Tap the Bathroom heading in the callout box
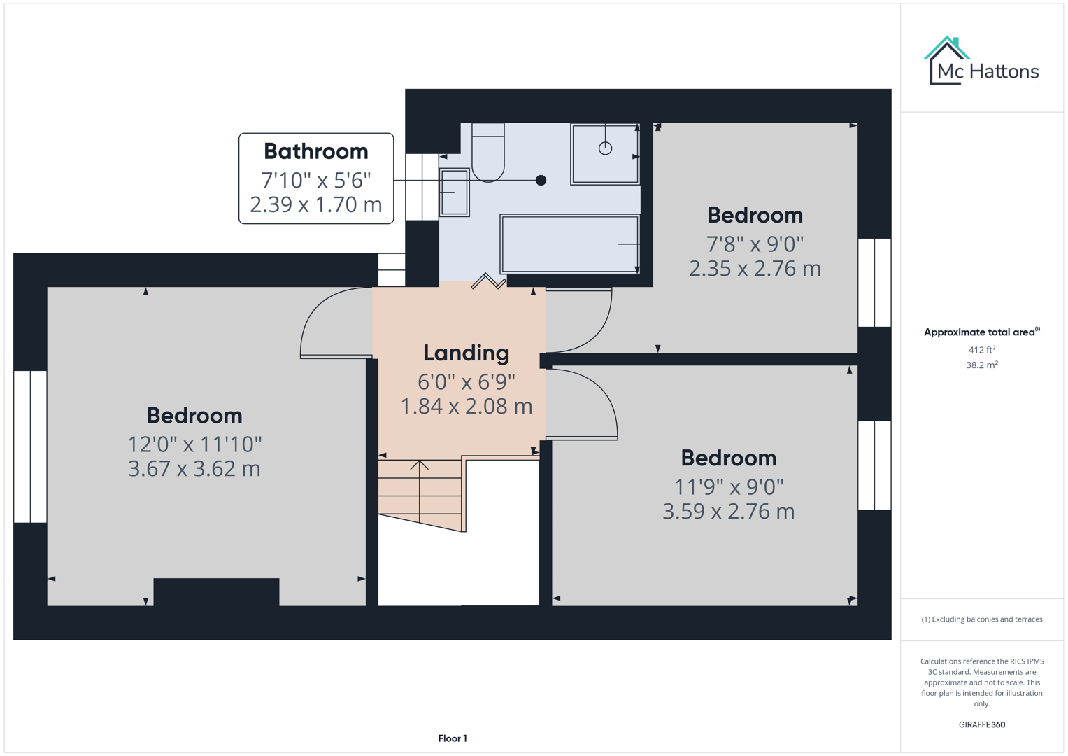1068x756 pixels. click(x=316, y=151)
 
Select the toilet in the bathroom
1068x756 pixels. click(x=488, y=153)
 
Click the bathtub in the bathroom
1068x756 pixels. click(x=570, y=244)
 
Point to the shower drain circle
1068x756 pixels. click(x=605, y=148)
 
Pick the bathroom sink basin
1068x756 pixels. click(x=454, y=192)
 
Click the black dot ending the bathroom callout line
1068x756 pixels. click(x=541, y=181)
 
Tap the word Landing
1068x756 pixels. click(x=466, y=353)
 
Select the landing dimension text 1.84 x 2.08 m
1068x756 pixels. click(x=466, y=407)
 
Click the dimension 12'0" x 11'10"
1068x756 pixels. click(x=194, y=444)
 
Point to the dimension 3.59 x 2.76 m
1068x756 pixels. click(x=728, y=512)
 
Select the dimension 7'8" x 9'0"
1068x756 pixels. click(x=755, y=244)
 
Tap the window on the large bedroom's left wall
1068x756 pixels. click(x=30, y=447)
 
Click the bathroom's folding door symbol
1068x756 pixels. click(x=488, y=282)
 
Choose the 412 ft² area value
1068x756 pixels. click(x=981, y=350)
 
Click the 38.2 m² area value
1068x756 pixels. click(x=981, y=365)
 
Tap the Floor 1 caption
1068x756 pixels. click(x=453, y=738)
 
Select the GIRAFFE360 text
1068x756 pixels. click(x=981, y=725)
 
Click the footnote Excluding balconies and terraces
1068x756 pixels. click(x=981, y=619)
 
